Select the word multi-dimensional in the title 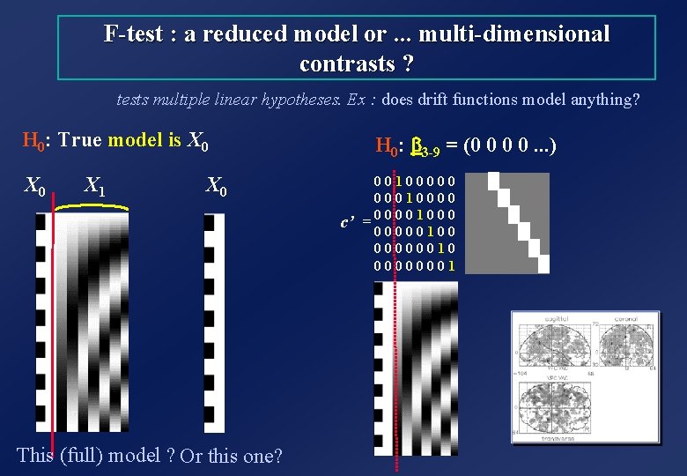(514, 34)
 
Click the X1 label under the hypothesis (94, 186)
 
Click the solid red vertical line (53, 335)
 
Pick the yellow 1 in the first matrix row (399, 181)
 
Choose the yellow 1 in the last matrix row (451, 264)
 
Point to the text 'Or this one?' (231, 457)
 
